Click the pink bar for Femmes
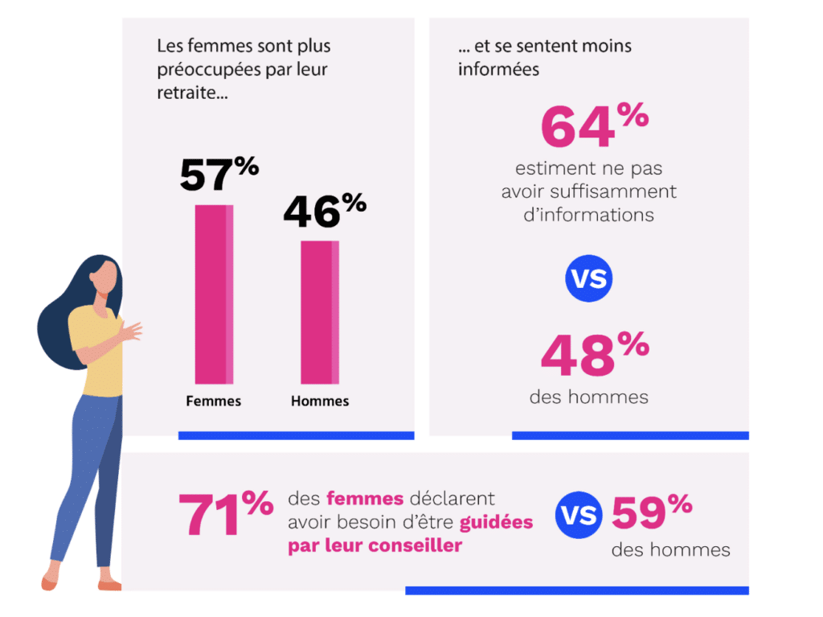pyautogui.click(x=214, y=294)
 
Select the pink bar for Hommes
pyautogui.click(x=320, y=312)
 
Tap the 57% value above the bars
pyautogui.click(x=219, y=174)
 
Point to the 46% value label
pyautogui.click(x=324, y=211)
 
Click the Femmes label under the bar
pyautogui.click(x=214, y=401)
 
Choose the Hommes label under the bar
pyautogui.click(x=320, y=401)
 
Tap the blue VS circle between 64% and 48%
pyautogui.click(x=589, y=279)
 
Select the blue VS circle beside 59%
pyautogui.click(x=579, y=515)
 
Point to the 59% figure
pyautogui.click(x=652, y=512)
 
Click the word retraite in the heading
pyautogui.click(x=190, y=93)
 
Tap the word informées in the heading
pyautogui.click(x=498, y=69)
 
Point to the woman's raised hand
pyautogui.click(x=129, y=331)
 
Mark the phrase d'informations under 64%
pyautogui.click(x=588, y=215)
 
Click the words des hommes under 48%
pyautogui.click(x=588, y=397)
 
